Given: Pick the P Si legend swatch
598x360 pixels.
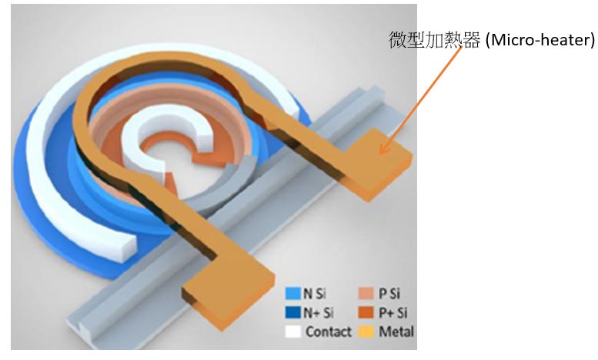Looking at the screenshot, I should click(x=367, y=294).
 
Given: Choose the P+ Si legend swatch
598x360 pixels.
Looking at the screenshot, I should click(x=367, y=313).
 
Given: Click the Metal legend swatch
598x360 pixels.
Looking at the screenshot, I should click(x=367, y=332).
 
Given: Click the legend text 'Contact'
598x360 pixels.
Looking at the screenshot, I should click(x=329, y=332).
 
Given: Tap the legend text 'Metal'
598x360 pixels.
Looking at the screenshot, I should click(x=397, y=332).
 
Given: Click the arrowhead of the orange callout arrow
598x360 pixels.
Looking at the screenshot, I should click(x=382, y=152).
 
